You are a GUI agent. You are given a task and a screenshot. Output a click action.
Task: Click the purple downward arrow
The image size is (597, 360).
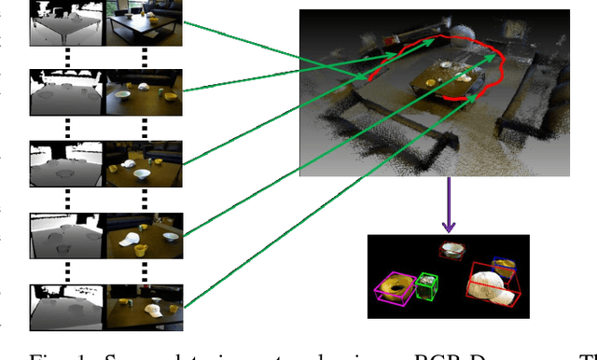448,204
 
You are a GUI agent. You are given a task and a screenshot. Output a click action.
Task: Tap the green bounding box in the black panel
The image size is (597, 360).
428,285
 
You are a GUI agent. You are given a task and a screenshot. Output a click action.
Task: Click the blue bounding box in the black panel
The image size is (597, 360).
504,266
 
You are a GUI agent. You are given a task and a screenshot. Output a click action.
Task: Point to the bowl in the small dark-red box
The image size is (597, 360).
453,250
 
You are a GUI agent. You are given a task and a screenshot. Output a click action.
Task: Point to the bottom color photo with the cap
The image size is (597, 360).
145,306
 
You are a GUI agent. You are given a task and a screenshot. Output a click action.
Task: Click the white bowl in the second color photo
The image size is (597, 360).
143,87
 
